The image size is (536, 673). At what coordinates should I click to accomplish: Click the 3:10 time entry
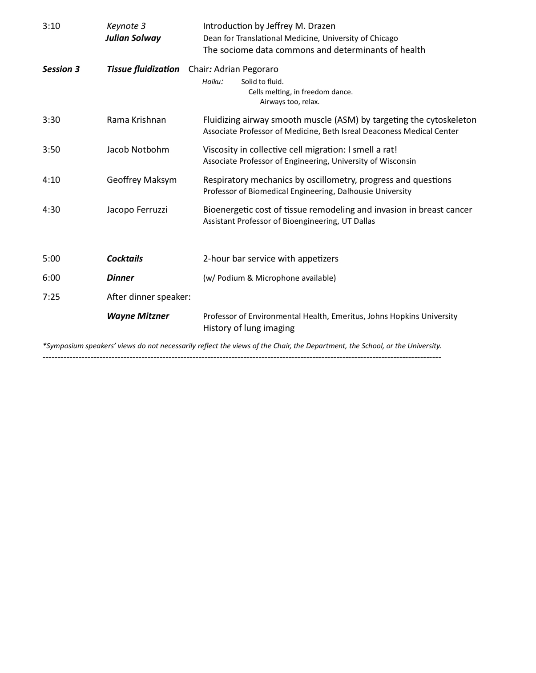pos(51,26)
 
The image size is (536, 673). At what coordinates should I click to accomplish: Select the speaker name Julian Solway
pos(133,38)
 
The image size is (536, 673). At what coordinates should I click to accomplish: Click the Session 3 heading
pos(61,69)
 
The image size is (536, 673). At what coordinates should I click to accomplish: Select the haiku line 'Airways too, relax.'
pos(290,101)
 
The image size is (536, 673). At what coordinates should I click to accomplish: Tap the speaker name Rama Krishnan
pos(136,120)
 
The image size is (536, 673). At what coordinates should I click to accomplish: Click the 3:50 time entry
pos(51,149)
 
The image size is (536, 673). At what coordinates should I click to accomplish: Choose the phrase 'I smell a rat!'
pos(373,149)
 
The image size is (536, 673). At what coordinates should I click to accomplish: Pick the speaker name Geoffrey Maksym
pos(141,180)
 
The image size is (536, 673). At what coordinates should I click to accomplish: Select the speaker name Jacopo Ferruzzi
pos(137,210)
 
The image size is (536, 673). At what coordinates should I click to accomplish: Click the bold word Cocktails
pos(125,258)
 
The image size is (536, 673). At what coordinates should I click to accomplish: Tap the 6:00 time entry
pos(51,278)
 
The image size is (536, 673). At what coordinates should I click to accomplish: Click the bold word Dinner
pos(120,278)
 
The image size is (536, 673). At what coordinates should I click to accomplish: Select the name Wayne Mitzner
pos(138,316)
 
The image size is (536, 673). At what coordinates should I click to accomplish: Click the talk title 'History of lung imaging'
pos(249,328)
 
